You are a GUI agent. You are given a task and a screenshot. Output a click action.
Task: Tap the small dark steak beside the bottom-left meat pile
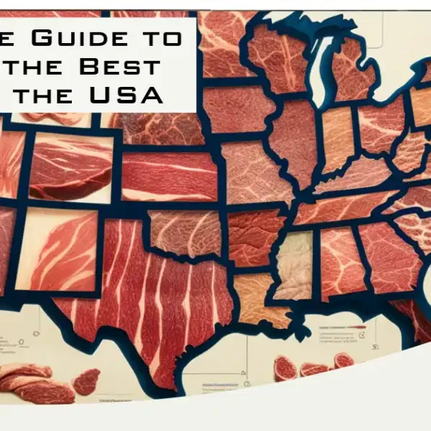pyautogui.click(x=86, y=381)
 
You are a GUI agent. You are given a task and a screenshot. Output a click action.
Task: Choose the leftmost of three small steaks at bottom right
pyautogui.click(x=285, y=368)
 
